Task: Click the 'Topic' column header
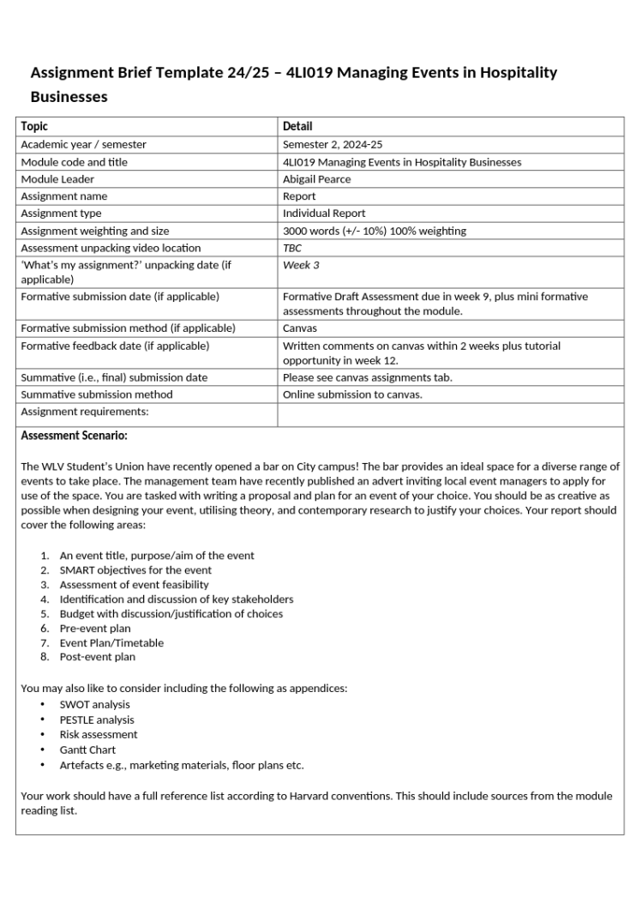(34, 126)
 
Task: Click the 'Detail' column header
(297, 126)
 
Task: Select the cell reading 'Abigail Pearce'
(316, 179)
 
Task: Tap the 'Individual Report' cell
(324, 214)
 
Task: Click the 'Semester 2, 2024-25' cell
(333, 145)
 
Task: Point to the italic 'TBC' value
(292, 248)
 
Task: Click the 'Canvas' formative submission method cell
(299, 328)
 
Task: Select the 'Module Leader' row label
(57, 179)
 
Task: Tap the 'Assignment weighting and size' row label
(94, 231)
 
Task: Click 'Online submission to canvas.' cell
(352, 394)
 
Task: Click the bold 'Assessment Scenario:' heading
(74, 436)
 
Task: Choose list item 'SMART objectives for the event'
(135, 570)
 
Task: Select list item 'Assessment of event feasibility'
(134, 585)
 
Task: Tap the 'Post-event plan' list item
(97, 657)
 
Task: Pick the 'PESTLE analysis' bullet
(97, 720)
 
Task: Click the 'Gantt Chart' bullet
(87, 749)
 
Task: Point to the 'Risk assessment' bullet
(98, 735)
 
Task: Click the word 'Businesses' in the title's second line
(69, 97)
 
